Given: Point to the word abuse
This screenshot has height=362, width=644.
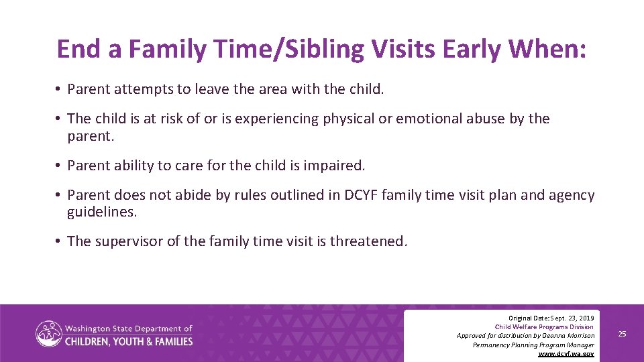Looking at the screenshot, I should coord(482,119).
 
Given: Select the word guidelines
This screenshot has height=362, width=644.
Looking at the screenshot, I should coord(101,211).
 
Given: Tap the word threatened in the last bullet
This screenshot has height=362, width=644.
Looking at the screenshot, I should coord(368,241).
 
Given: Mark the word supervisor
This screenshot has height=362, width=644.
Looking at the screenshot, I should coord(129,241).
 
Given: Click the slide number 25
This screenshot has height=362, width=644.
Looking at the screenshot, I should coord(622,334).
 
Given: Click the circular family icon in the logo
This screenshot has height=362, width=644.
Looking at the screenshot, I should coord(48,334).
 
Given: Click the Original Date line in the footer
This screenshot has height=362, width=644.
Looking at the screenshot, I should coord(551,317).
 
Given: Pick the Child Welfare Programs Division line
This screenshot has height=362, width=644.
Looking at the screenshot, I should coord(544,326).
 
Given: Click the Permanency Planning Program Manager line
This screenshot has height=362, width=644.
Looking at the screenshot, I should coord(533,345).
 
